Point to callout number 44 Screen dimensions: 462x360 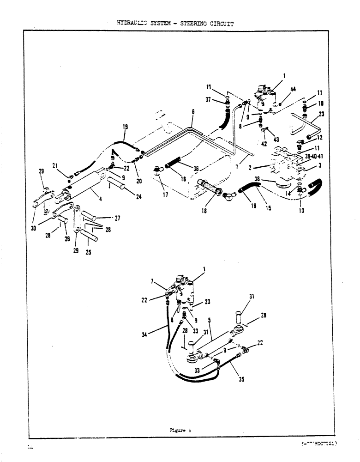point(293,89)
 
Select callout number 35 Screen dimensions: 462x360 point(241,382)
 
